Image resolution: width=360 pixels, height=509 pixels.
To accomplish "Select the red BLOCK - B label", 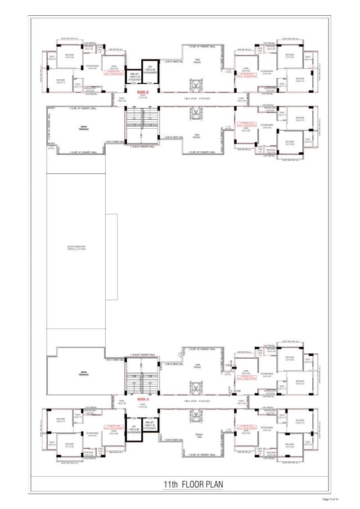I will pyautogui.click(x=143, y=92).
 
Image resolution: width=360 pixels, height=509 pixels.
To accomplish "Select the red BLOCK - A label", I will pyautogui.click(x=143, y=399).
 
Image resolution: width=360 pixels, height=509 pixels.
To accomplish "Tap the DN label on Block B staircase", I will pyautogui.click(x=134, y=107).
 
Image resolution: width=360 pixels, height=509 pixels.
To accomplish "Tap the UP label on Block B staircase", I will pyautogui.click(x=150, y=107).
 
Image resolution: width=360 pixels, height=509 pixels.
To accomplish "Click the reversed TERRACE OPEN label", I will pyautogui.click(x=197, y=435).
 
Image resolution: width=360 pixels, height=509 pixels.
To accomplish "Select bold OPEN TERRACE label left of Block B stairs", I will pyautogui.click(x=83, y=128).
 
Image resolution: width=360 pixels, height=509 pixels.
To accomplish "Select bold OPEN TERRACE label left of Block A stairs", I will pyautogui.click(x=83, y=373).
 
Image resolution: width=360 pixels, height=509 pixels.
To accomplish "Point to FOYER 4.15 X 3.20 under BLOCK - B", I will pyautogui.click(x=143, y=97).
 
